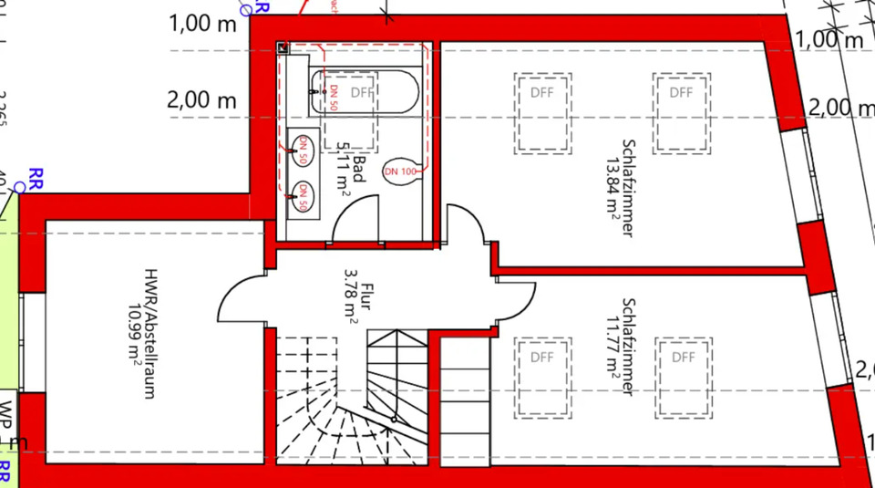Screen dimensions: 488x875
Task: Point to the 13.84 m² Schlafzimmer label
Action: click(x=620, y=187)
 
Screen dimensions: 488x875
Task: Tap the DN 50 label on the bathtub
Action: click(x=335, y=97)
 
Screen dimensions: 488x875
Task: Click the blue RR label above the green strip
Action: click(x=37, y=175)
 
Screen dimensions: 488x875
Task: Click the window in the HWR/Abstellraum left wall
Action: click(x=32, y=342)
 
